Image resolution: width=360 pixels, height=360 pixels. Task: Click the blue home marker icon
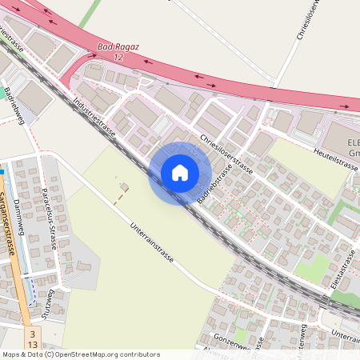(180, 173)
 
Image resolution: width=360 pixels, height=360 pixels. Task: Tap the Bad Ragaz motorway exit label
(118, 47)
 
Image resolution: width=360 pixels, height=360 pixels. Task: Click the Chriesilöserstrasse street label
(227, 154)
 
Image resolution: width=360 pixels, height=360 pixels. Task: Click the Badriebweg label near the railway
(15, 105)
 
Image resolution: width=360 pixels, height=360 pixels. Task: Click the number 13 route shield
(33, 344)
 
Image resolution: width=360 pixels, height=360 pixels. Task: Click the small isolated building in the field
(124, 187)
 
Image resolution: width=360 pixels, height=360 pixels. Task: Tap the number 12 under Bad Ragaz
(118, 58)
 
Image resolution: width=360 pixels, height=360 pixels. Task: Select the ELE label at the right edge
(353, 142)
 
